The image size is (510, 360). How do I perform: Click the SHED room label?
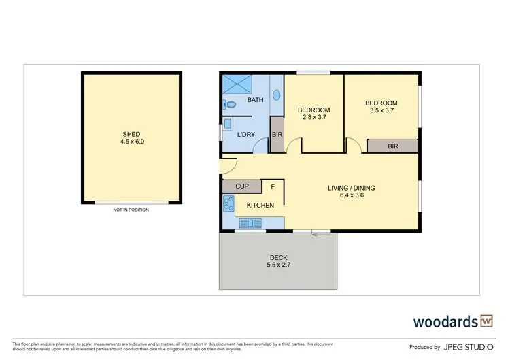133,134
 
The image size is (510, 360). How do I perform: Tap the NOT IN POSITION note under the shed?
131,210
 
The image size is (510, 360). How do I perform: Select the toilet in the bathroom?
229,105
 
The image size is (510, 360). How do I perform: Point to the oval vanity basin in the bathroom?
276,95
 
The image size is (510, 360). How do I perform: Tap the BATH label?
255,101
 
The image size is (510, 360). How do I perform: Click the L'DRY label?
245,135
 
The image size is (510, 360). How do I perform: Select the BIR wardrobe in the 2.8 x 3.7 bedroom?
277,135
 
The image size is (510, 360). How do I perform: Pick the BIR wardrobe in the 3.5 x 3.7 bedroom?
392,146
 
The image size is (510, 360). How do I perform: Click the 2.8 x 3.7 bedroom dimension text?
313,118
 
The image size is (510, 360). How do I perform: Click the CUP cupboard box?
241,186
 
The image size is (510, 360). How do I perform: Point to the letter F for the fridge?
273,186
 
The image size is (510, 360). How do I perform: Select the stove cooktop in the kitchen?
228,203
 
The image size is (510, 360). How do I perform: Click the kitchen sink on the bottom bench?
249,222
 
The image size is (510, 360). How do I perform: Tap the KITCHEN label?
260,206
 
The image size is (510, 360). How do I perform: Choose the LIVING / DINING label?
352,188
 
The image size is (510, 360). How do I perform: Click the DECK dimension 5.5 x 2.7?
278,265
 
